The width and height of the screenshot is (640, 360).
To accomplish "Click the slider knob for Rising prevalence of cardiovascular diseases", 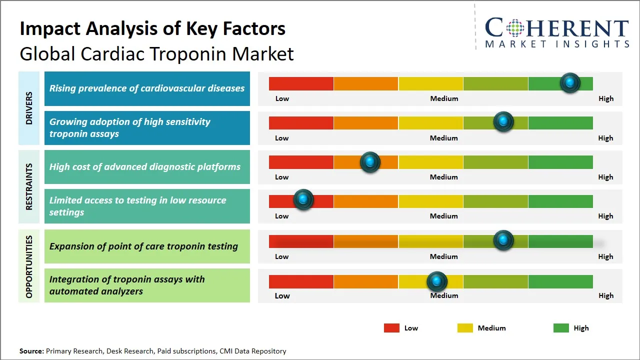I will (x=570, y=83).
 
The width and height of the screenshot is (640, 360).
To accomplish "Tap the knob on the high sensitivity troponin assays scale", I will (x=503, y=122).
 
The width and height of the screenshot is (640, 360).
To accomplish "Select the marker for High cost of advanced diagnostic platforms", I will (x=370, y=162).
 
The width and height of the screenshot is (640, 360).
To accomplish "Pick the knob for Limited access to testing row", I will (x=303, y=200).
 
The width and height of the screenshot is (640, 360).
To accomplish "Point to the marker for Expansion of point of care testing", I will (x=503, y=240).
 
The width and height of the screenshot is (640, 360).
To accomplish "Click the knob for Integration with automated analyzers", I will (x=437, y=282).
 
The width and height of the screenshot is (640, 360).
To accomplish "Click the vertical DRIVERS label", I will (x=29, y=108).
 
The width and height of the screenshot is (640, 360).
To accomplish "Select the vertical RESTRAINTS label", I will (x=29, y=186).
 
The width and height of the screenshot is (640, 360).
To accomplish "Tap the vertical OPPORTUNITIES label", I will (x=29, y=266).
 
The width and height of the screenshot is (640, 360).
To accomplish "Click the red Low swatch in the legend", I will (x=391, y=328).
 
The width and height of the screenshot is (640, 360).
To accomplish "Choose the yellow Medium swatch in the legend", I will (x=465, y=328).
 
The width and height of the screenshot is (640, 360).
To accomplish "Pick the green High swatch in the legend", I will (x=561, y=328).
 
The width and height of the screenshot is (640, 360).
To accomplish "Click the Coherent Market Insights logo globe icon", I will (x=514, y=28).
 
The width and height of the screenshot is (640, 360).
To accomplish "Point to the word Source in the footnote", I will (x=31, y=351).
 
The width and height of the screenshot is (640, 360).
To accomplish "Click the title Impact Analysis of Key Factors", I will (x=152, y=28).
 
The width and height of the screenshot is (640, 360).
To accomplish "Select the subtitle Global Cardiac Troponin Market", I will (x=156, y=54).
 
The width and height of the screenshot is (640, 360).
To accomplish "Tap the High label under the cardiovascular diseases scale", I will (x=605, y=98).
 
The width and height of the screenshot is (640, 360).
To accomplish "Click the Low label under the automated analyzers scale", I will (x=282, y=295).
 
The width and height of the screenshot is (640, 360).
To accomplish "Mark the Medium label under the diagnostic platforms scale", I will (x=443, y=177).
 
